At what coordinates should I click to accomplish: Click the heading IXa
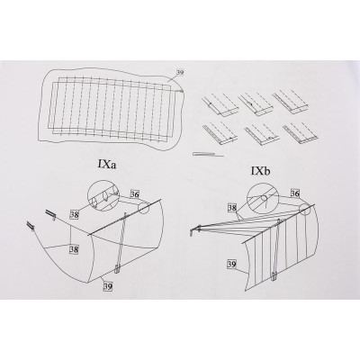(x=107, y=165)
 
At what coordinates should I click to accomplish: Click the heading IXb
(x=260, y=171)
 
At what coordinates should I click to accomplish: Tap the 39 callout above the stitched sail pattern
(x=180, y=72)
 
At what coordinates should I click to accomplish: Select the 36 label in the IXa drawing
(x=135, y=194)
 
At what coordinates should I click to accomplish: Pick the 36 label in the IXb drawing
(x=295, y=193)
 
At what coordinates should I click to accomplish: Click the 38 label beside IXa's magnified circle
(x=74, y=214)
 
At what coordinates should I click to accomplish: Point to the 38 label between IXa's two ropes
(x=74, y=249)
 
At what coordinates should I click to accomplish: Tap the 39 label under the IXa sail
(x=108, y=286)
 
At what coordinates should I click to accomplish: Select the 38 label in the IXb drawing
(x=232, y=208)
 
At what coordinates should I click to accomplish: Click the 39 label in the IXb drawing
(x=232, y=265)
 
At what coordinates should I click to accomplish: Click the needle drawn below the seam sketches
(x=208, y=155)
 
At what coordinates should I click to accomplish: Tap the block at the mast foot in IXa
(x=117, y=269)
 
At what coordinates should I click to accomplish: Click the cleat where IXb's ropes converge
(x=194, y=231)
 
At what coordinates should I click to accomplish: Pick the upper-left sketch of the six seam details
(x=220, y=104)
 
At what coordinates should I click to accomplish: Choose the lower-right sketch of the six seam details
(x=301, y=132)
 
